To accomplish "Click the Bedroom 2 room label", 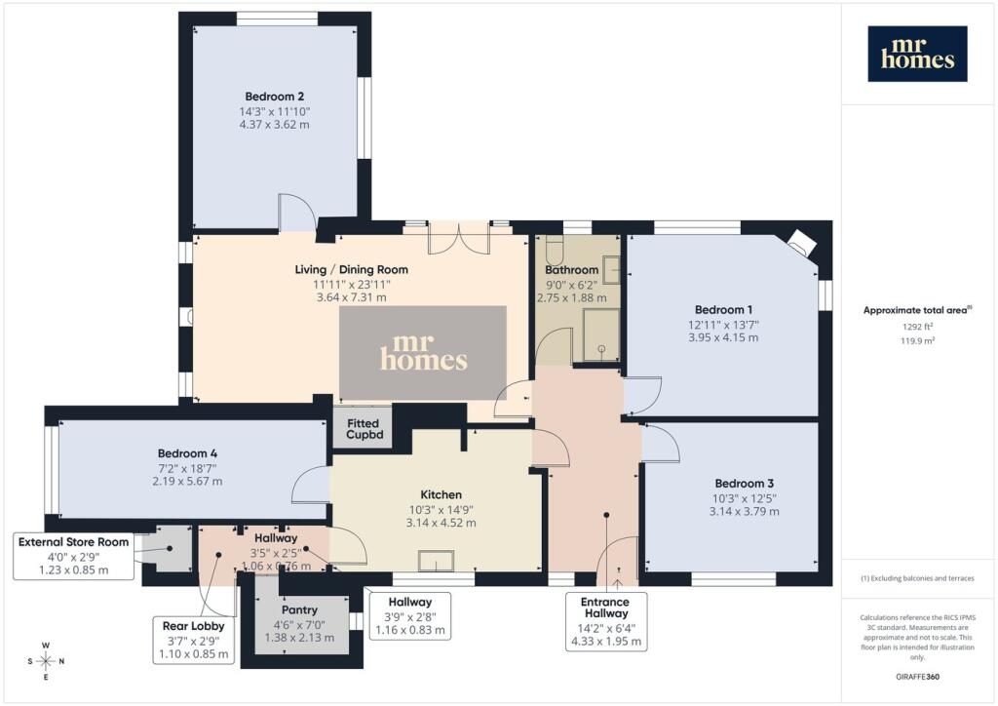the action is [x=274, y=97].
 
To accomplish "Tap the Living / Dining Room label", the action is [x=351, y=270].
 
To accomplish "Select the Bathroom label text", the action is [x=571, y=270].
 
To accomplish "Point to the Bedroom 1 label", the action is [x=723, y=310].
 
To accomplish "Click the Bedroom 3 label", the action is [x=744, y=484].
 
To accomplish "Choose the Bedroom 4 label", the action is [x=188, y=453].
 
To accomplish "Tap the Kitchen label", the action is [x=441, y=494].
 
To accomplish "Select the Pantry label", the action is [x=299, y=609].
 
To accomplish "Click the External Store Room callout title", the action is [x=74, y=542].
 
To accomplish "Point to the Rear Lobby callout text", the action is [x=194, y=626].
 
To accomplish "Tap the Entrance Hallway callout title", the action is [x=605, y=608].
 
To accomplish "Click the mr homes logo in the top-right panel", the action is [x=917, y=54].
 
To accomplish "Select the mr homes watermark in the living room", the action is [x=423, y=352].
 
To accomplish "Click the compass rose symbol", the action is [x=46, y=661].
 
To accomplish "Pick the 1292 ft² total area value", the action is [x=917, y=327].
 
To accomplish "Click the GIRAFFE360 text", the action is [x=916, y=677].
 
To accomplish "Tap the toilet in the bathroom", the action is [x=552, y=251].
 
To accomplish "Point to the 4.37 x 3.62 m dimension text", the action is [x=274, y=125].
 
